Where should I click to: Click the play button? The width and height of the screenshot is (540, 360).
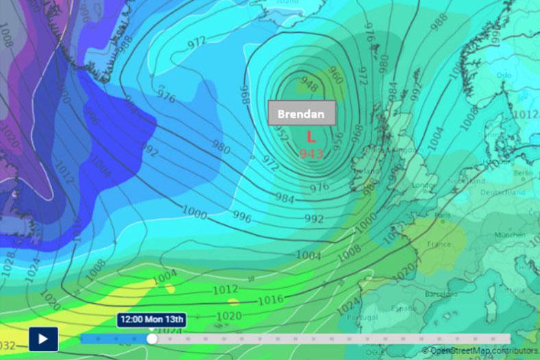point(43,339)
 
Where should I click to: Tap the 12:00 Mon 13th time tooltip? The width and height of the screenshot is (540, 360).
point(152,320)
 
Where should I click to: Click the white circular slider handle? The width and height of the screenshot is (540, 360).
point(151,339)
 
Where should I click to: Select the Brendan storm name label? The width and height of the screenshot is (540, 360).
point(301,114)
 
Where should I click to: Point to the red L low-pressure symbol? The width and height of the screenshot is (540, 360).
point(310,137)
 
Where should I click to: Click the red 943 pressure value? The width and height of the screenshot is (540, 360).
point(311,153)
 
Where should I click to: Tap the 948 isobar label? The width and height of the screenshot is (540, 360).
point(309,86)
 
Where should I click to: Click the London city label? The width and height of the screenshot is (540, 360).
point(425,185)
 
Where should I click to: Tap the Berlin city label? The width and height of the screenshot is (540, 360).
point(523,174)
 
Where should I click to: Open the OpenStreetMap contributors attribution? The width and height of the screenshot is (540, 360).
point(484,350)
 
